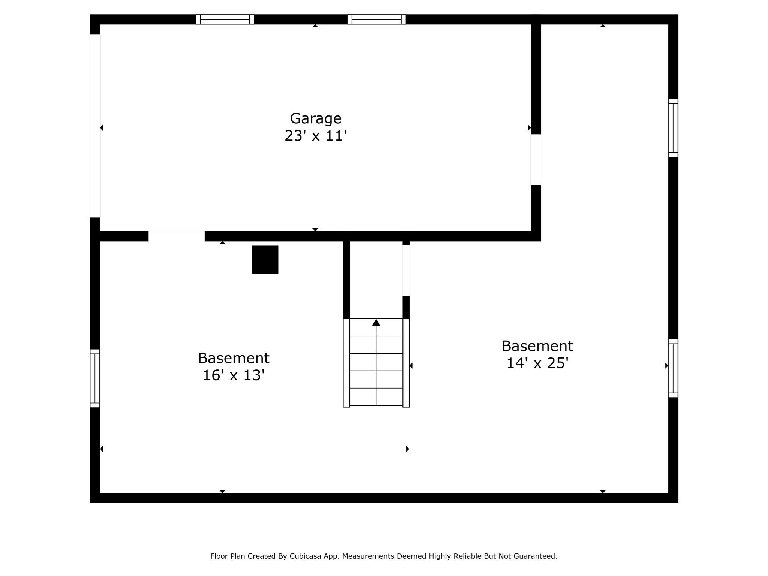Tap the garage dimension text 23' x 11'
click(315, 136)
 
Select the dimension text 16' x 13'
click(234, 375)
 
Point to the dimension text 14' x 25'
click(537, 363)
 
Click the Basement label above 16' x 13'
click(234, 358)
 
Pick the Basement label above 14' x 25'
click(537, 346)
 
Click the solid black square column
click(265, 259)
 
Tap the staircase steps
click(376, 362)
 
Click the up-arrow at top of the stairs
click(376, 322)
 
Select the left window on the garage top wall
click(225, 19)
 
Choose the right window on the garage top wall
click(376, 19)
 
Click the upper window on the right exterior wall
click(673, 128)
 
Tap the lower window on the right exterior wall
click(673, 368)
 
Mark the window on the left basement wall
click(95, 378)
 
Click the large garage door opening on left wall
click(95, 126)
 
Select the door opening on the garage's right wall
click(535, 160)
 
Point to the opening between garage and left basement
click(176, 236)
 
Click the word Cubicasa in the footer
click(305, 556)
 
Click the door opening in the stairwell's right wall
click(406, 270)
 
